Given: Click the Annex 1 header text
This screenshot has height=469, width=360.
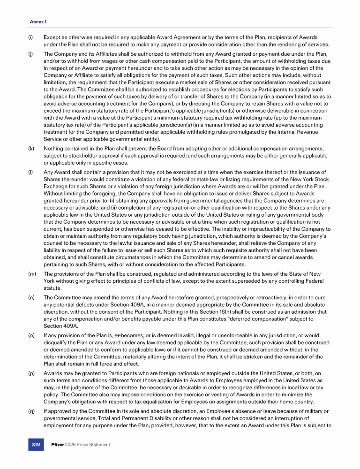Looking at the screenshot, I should click(38, 22).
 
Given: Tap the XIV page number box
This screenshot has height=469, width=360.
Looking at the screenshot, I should click(36, 445).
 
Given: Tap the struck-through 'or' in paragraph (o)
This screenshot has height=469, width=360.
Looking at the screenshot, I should click(119, 336).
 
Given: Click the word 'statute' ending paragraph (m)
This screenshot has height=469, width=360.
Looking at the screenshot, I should click(53, 288).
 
